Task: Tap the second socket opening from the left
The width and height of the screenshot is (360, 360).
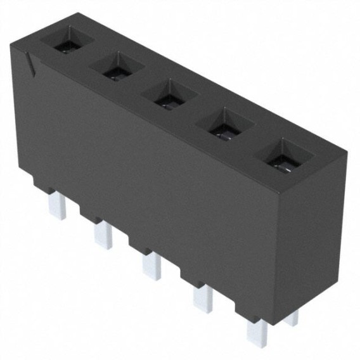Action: (x=117, y=68)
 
